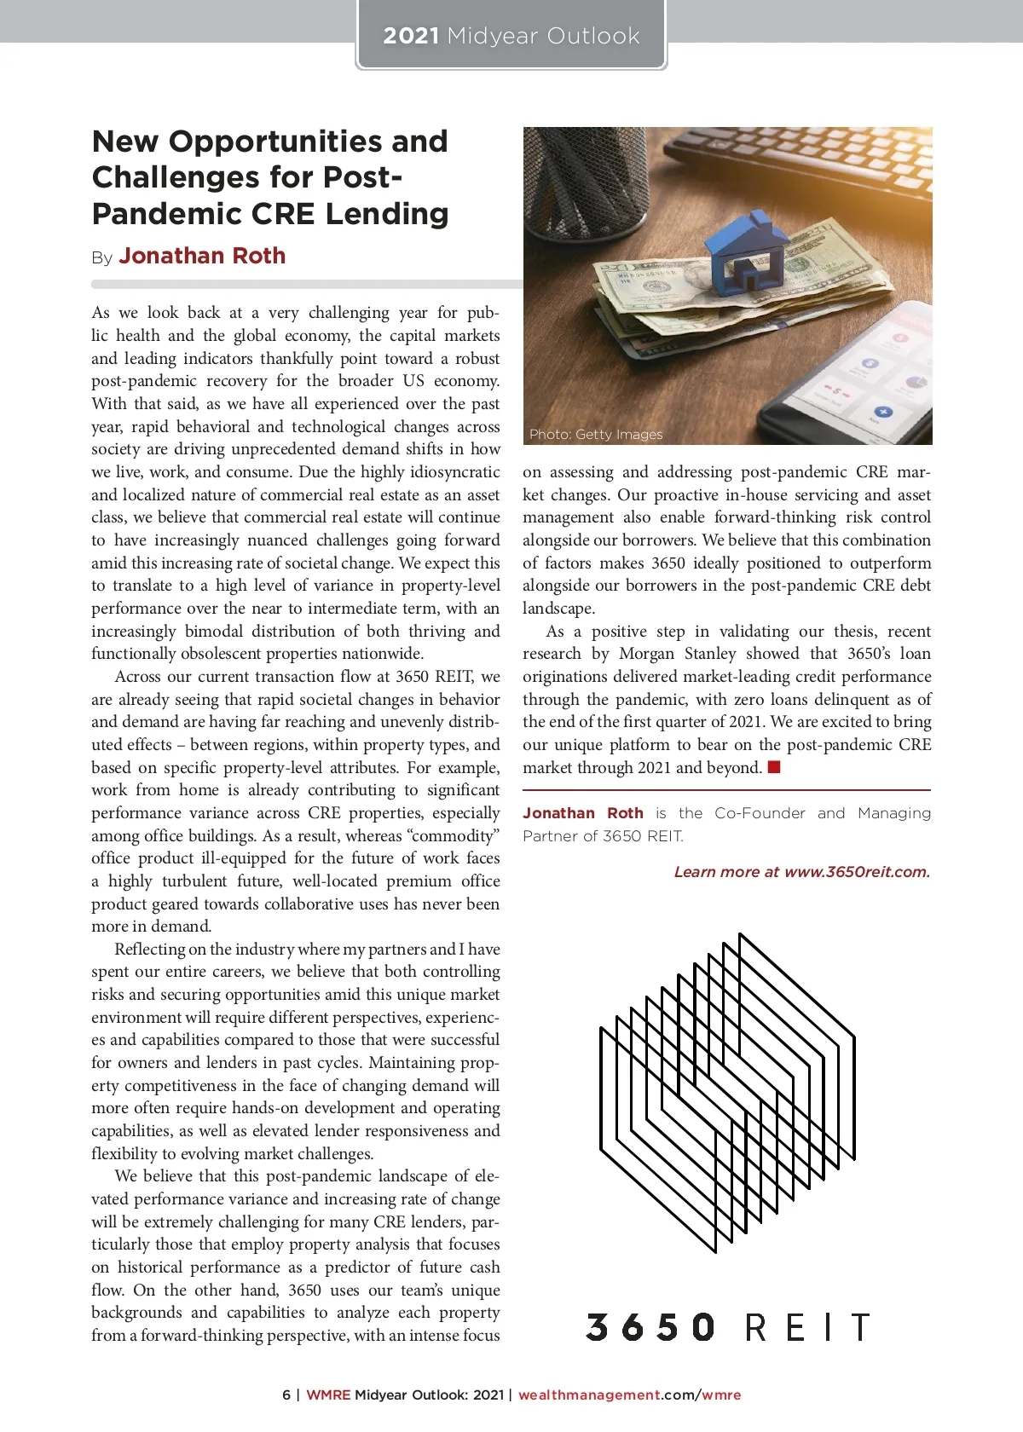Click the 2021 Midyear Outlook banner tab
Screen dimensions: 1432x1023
(511, 36)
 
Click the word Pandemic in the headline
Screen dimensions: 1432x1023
(161, 213)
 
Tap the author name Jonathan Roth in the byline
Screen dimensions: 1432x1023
(202, 256)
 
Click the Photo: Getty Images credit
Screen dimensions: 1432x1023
(595, 435)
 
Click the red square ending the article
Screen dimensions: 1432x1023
(774, 767)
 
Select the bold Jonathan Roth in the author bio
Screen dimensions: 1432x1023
(582, 813)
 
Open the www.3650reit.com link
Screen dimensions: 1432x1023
(856, 872)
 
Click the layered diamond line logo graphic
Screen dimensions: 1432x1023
(727, 1091)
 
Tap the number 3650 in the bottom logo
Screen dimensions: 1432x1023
(650, 1327)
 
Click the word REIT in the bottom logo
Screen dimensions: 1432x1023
(806, 1327)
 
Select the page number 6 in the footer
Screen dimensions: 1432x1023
(286, 1395)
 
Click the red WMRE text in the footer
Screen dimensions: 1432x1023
(328, 1395)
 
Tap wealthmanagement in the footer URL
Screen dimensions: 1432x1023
(589, 1395)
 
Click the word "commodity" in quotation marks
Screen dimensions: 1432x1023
(453, 836)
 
